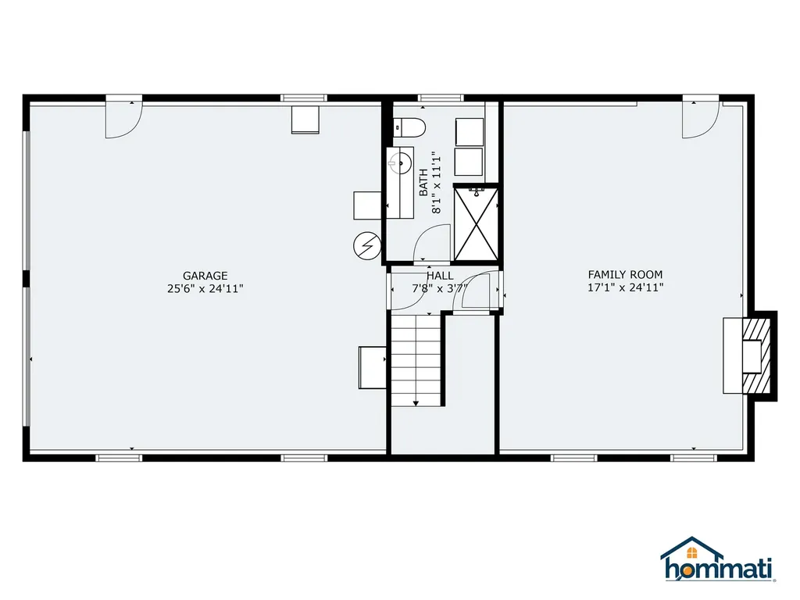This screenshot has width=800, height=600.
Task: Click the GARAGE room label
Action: pos(205,275)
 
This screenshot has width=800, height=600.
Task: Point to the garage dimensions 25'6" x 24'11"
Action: pos(205,288)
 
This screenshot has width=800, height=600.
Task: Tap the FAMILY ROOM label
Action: pos(625,274)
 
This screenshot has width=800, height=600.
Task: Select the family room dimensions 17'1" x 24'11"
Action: pos(625,287)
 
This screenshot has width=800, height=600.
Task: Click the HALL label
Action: pos(440,276)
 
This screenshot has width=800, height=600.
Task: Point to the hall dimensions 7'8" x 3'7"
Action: pos(440,288)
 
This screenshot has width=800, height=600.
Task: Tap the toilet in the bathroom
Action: pos(408,126)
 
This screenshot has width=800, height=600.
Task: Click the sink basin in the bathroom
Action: pos(402,162)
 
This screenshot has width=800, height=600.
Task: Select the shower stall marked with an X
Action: pos(475,223)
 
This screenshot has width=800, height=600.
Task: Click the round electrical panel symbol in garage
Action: pos(366,245)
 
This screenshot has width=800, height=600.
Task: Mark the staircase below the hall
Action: pos(416,359)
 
